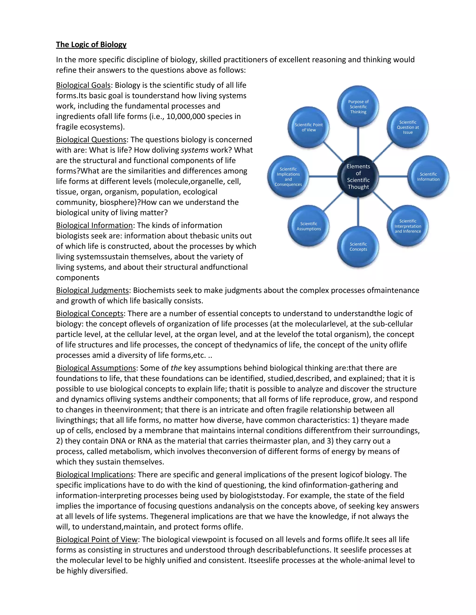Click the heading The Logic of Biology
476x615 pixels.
pos(91,45)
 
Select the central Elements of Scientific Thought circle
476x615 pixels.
pos(358,177)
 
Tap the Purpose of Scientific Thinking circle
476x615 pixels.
pos(358,107)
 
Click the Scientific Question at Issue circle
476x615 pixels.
pos(408,127)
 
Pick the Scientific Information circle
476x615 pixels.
pos(428,177)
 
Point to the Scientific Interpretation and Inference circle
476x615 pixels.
pos(408,226)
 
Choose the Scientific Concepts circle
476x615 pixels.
pos(358,247)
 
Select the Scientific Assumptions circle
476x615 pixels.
pos(309,226)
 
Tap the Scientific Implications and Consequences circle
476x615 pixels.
pos(288,177)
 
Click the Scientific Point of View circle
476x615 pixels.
pos(309,127)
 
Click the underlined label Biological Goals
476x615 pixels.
pos(83,85)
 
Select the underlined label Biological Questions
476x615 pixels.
pos(91,140)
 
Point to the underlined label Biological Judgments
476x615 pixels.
pos(92,290)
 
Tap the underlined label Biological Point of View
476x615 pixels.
pos(97,539)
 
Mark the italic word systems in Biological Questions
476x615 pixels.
pos(195,150)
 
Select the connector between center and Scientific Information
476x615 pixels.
pos(393,177)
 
